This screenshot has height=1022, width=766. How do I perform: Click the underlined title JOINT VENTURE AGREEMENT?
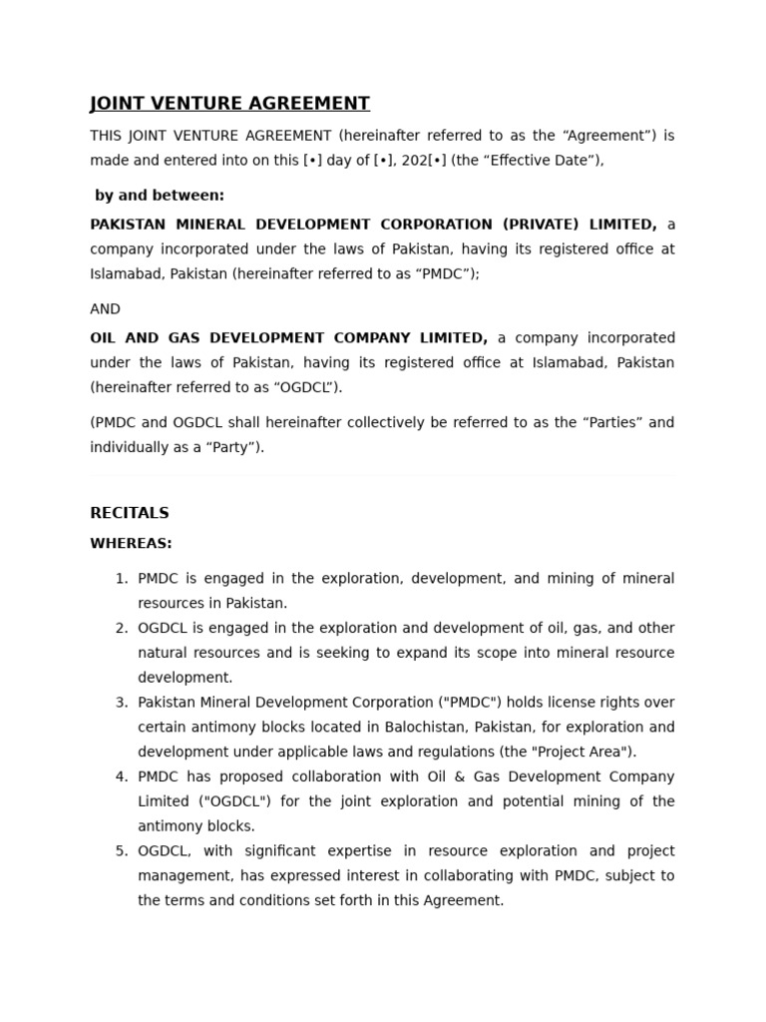click(x=229, y=104)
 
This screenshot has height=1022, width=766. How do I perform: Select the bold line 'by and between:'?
click(x=160, y=196)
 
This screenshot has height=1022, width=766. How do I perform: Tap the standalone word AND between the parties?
click(x=105, y=309)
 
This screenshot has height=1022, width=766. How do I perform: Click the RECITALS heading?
click(x=130, y=513)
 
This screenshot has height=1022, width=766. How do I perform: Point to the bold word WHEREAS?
click(x=131, y=544)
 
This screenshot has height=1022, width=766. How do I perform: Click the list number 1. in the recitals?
click(x=122, y=579)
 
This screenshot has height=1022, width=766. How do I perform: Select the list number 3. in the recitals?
click(x=122, y=703)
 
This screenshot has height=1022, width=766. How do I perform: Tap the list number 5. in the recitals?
click(x=122, y=851)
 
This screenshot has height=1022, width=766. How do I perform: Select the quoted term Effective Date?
click(x=545, y=161)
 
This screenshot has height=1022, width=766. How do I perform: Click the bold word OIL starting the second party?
click(x=104, y=338)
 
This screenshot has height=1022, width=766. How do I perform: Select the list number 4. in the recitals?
click(x=122, y=776)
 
